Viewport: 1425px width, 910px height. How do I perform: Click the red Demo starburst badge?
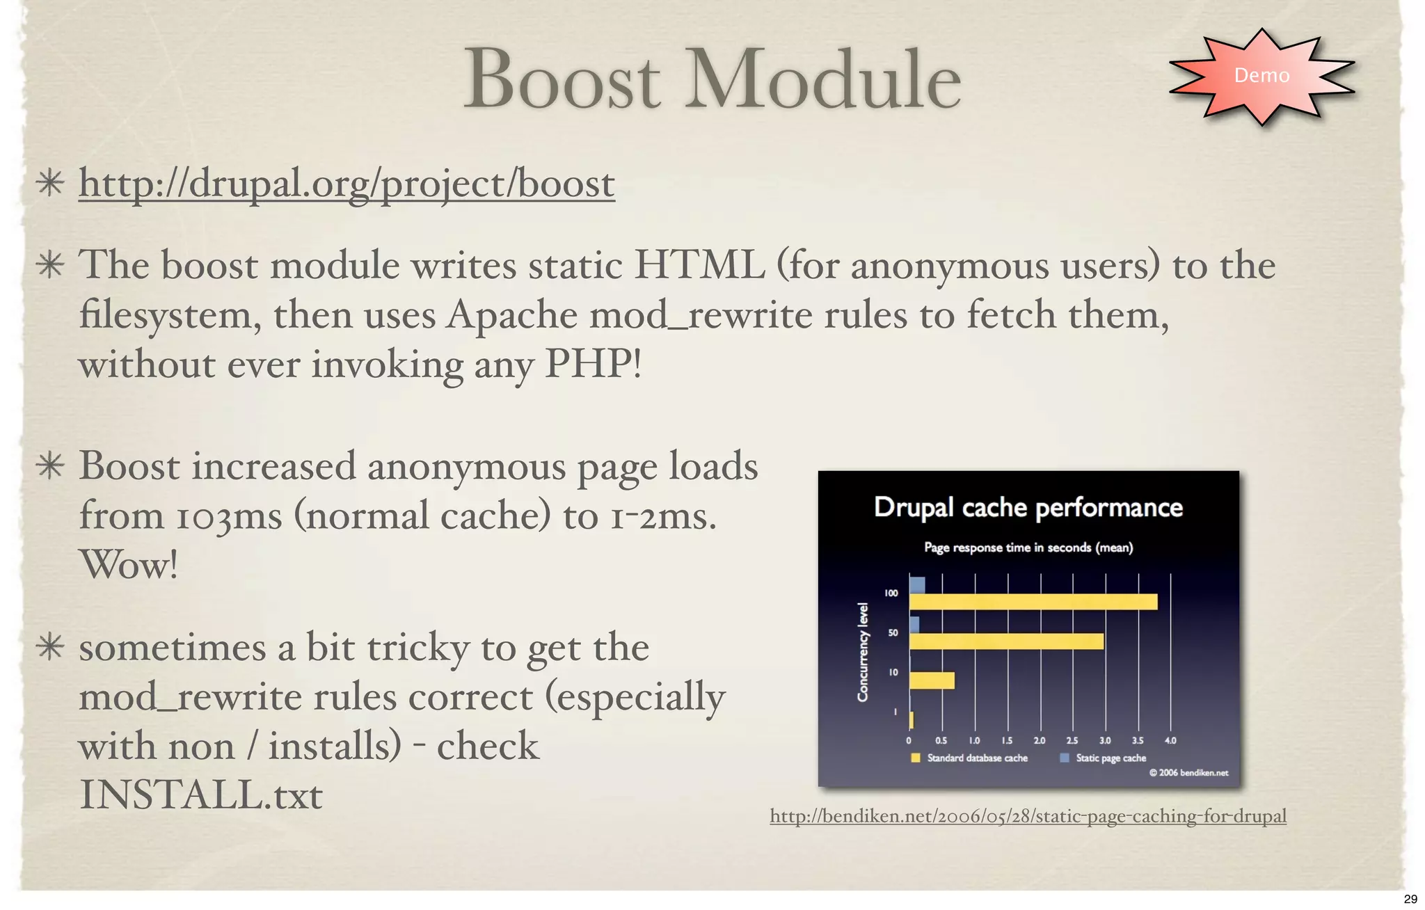pos(1261,75)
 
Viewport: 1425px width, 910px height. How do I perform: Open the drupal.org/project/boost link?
pos(347,184)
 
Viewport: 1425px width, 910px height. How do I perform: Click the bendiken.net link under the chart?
pos(1028,815)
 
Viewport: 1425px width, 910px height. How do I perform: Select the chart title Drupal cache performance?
pos(1028,507)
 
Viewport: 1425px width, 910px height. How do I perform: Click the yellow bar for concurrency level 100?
pos(1033,602)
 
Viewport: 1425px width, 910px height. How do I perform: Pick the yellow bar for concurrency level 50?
pos(1006,641)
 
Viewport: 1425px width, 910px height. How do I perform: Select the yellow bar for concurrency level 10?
pos(932,680)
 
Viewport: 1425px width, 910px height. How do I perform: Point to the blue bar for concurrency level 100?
pos(917,584)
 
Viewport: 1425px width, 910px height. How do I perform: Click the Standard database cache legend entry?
pos(976,758)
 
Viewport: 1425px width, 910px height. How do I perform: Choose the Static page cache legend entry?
pos(1110,758)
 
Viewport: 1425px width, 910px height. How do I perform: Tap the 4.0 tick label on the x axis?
pos(1170,741)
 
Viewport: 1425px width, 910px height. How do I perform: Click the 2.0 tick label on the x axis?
pos(1040,741)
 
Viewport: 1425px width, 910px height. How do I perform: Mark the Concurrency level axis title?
pos(863,652)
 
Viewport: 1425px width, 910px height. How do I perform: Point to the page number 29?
pos(1410,899)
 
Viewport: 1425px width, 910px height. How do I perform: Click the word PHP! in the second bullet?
pos(593,363)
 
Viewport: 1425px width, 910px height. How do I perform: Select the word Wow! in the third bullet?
pos(129,564)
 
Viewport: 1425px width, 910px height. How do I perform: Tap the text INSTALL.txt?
pos(200,795)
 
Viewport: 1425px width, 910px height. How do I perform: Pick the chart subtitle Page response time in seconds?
pos(1028,548)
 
